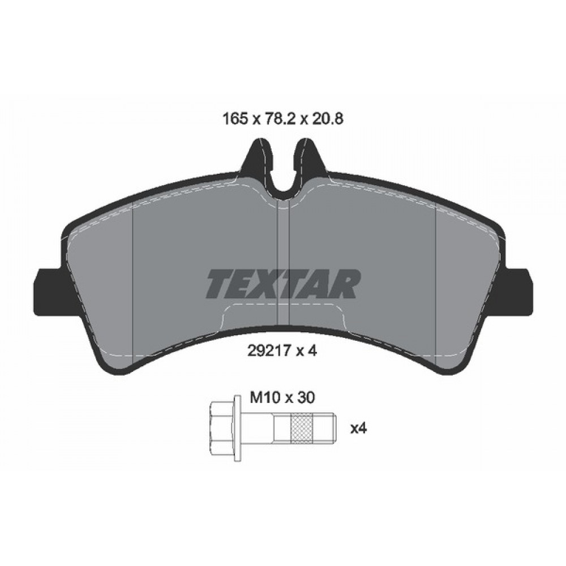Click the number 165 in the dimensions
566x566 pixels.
(235, 119)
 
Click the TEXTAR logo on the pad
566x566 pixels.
(284, 284)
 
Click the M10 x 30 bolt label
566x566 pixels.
(282, 398)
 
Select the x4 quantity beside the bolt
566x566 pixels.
(359, 428)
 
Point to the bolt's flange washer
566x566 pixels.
(238, 428)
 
